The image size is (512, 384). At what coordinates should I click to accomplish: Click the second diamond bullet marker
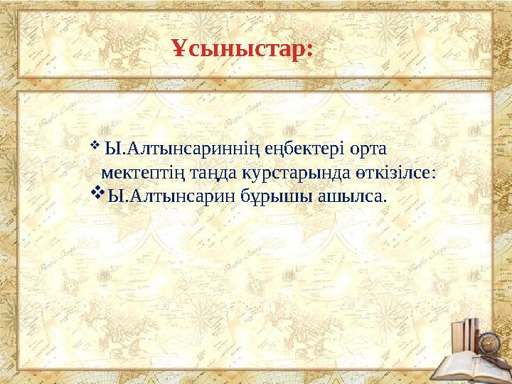point(98,193)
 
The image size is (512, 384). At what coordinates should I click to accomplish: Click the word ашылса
point(350,195)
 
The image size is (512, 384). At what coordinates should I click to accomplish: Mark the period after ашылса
point(385,199)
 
